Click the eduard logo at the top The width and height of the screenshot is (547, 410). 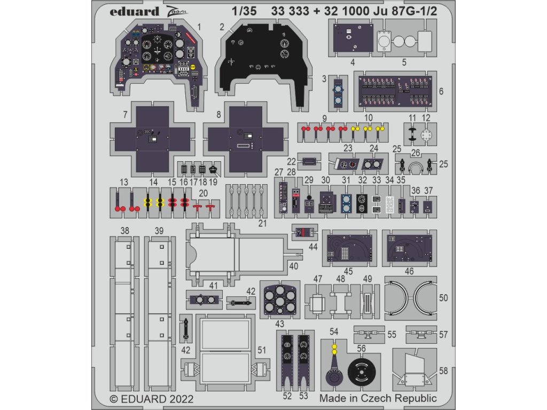click(135, 11)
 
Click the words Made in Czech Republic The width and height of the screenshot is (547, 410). click(378, 398)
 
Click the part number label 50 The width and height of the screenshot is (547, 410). click(443, 298)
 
